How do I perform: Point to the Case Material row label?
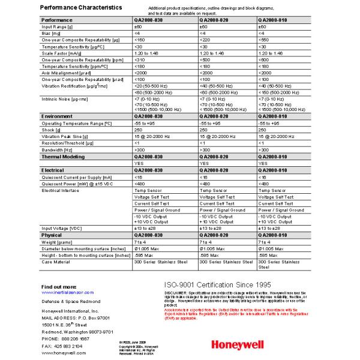click(x=58, y=262)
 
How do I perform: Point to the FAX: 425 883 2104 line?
click(x=62, y=346)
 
